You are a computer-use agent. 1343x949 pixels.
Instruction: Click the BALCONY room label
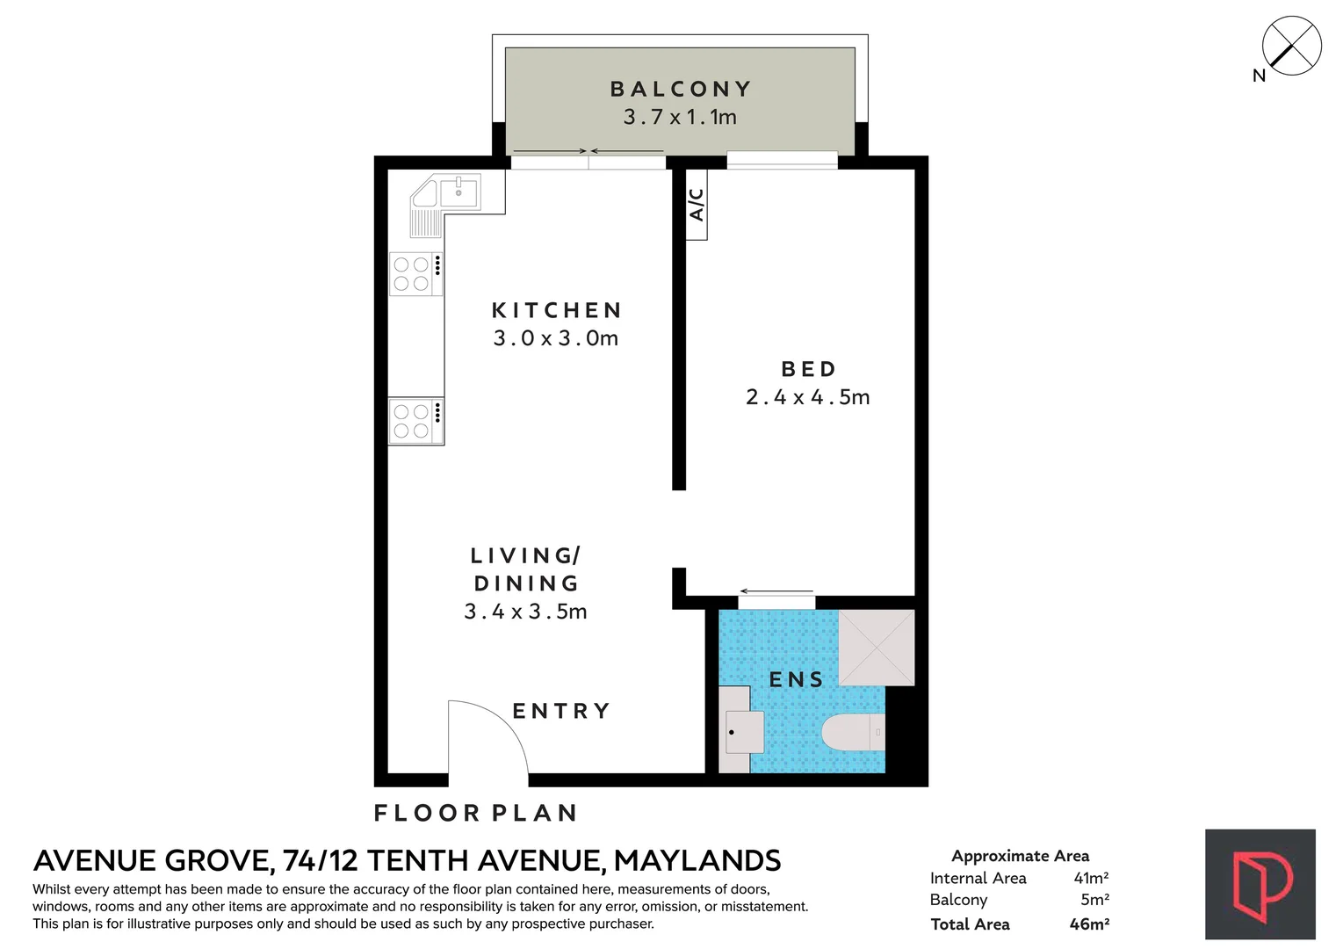(x=681, y=89)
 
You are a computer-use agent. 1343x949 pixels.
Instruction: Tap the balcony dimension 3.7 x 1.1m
(x=680, y=116)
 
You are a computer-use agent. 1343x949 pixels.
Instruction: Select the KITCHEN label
(x=557, y=310)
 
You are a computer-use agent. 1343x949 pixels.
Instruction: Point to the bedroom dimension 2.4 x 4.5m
(x=807, y=396)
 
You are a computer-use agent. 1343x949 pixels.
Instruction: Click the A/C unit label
(x=696, y=205)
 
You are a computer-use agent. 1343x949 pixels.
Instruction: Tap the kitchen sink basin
(x=459, y=192)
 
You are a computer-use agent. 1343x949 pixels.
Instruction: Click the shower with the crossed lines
(x=876, y=648)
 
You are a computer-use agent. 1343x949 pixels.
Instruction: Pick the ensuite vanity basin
(x=744, y=732)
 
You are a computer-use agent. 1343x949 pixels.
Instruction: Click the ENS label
(x=796, y=679)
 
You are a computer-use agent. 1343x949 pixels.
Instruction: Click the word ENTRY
(x=561, y=711)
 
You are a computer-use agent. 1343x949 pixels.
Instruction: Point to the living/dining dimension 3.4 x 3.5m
(x=525, y=612)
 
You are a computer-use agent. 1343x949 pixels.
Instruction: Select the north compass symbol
(x=1291, y=47)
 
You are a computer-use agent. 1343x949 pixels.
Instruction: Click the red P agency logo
(x=1260, y=884)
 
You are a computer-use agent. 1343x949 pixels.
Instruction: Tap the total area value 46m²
(x=1089, y=924)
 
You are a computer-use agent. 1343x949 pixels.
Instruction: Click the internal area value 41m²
(x=1091, y=878)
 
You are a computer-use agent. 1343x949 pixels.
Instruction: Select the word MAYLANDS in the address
(x=697, y=860)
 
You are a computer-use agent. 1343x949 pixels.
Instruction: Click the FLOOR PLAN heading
(x=475, y=813)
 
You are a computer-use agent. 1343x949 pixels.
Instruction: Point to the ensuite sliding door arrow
(x=777, y=591)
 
